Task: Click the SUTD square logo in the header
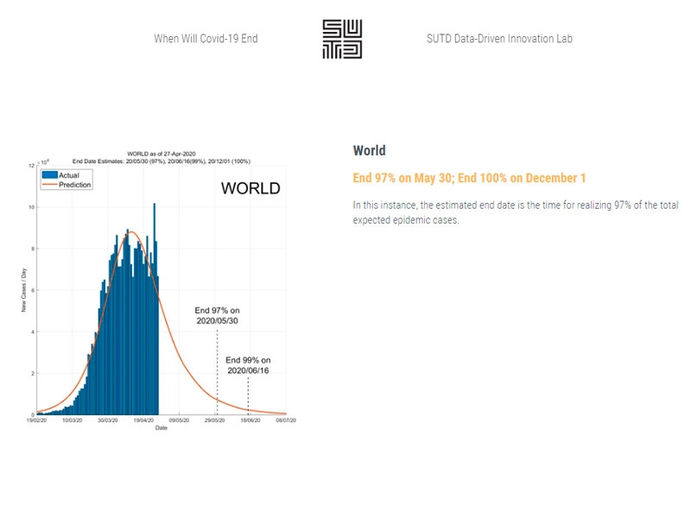(342, 39)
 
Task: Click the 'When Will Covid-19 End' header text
(206, 39)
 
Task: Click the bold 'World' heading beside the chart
(369, 150)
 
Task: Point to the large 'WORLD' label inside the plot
(250, 188)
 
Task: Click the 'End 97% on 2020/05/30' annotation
(216, 315)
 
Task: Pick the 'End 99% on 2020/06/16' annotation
(248, 364)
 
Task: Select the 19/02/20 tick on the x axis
(36, 421)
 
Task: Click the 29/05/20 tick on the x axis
(215, 421)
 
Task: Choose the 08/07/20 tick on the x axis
(286, 421)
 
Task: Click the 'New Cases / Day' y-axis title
(23, 291)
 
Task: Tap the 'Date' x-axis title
(162, 428)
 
